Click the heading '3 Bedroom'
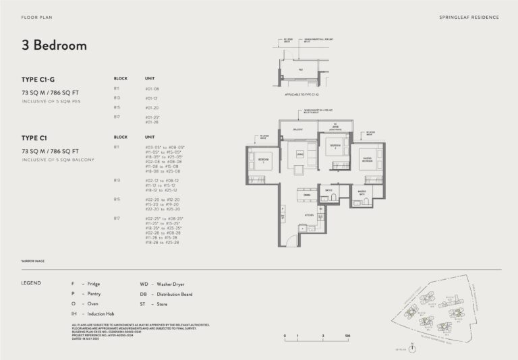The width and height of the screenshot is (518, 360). [54, 46]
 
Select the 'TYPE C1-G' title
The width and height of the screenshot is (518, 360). [38, 79]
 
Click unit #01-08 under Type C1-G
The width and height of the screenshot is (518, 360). [152, 88]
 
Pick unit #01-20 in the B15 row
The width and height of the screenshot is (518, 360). [152, 107]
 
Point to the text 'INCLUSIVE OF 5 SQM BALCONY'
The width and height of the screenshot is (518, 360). [57, 160]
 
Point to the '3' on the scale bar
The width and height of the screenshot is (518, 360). [323, 335]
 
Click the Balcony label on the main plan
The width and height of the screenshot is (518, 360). [297, 129]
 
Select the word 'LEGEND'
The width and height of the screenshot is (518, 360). [31, 283]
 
